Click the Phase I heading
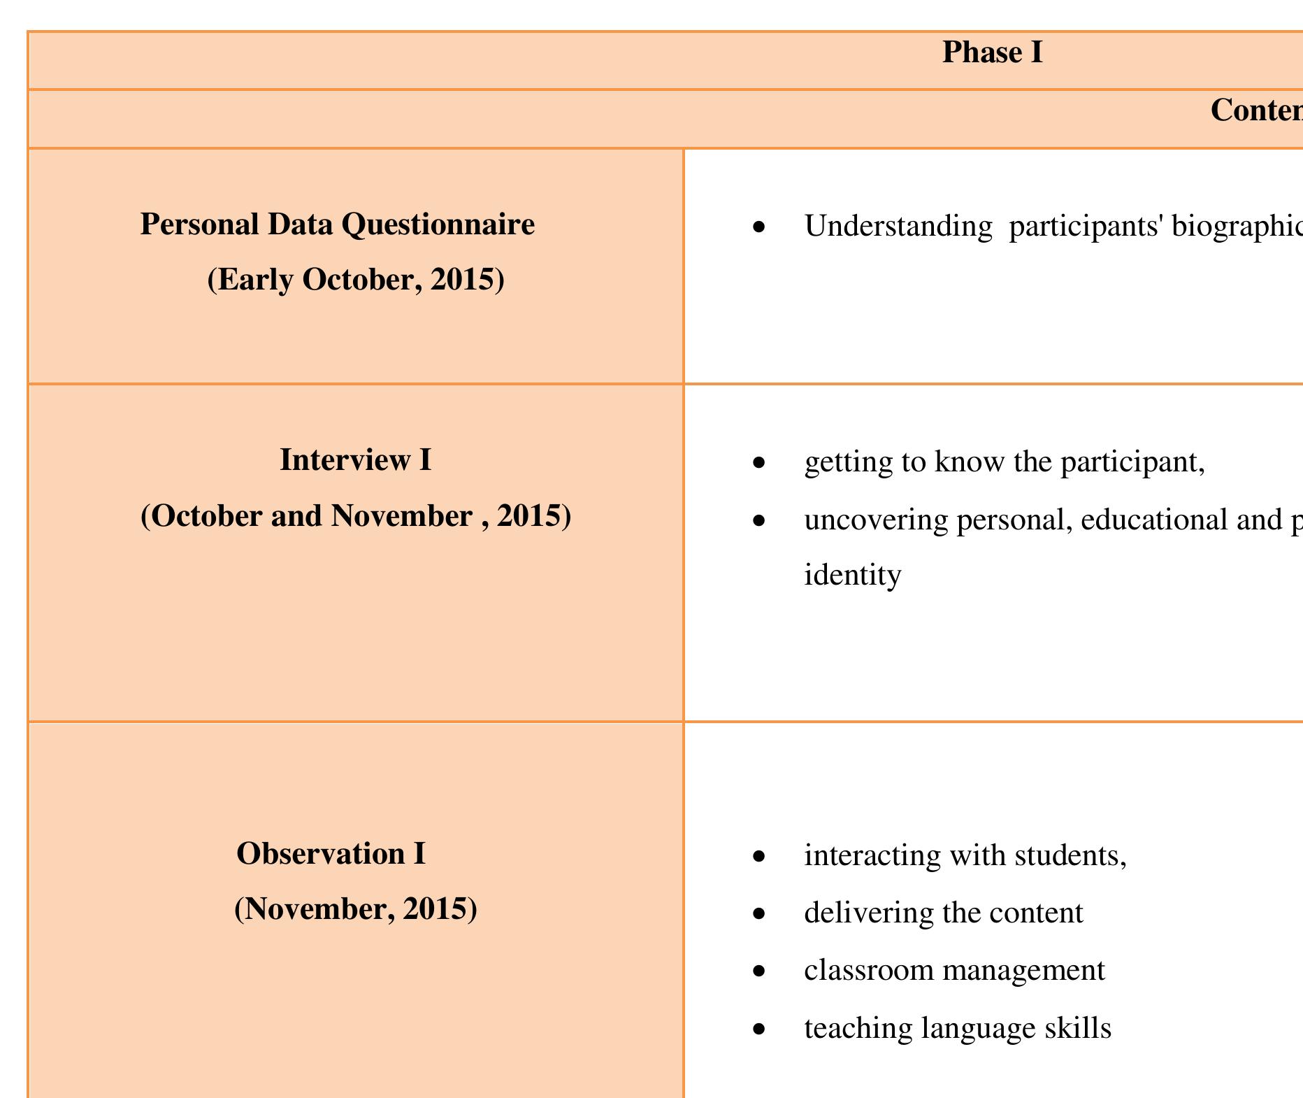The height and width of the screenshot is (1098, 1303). [992, 52]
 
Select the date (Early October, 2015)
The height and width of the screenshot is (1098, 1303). [356, 280]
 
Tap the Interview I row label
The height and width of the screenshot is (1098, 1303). [355, 460]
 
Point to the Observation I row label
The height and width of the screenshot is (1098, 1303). [331, 854]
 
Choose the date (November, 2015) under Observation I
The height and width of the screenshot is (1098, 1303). [356, 909]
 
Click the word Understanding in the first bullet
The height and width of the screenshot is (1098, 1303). [898, 227]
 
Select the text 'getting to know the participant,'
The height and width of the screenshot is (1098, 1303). [1005, 462]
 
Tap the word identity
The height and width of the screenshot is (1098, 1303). [853, 575]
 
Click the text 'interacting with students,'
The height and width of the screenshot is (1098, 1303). [965, 855]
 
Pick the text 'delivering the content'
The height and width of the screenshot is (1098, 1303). [944, 913]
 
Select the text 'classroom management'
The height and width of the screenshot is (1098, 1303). [955, 971]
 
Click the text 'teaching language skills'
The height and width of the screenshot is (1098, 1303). [958, 1029]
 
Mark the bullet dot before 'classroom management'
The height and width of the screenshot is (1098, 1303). [759, 971]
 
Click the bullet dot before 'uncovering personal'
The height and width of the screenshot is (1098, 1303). [759, 520]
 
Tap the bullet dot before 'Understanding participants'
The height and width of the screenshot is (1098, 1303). [759, 227]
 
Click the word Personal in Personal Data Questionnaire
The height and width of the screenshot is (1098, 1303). [199, 224]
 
